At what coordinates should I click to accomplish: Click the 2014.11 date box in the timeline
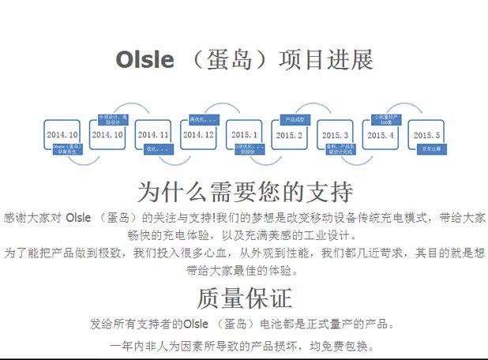(153, 135)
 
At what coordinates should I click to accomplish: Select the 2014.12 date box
(198, 135)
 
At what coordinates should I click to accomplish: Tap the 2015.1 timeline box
(244, 135)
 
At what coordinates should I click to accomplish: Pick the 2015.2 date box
(289, 135)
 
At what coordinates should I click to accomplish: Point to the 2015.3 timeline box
(335, 135)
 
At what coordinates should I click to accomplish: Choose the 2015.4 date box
(381, 135)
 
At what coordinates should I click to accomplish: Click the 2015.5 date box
(426, 135)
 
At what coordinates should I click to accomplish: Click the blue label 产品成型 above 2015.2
(295, 120)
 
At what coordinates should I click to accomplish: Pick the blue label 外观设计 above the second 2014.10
(112, 120)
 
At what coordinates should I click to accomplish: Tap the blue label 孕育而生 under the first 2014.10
(67, 149)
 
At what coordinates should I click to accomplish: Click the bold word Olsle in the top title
(145, 60)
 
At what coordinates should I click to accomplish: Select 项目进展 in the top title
(326, 60)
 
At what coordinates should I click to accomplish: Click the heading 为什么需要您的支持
(244, 192)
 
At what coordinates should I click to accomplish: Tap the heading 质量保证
(244, 298)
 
